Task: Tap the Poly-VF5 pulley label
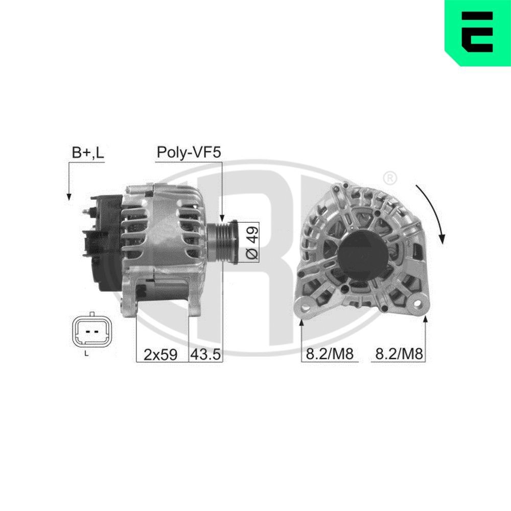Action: [x=189, y=152]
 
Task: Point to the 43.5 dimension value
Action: [x=206, y=354]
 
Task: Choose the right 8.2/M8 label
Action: [x=399, y=354]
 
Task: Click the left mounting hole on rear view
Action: [x=307, y=306]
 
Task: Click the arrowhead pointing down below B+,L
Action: [x=68, y=196]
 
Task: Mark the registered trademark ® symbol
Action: [x=389, y=178]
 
